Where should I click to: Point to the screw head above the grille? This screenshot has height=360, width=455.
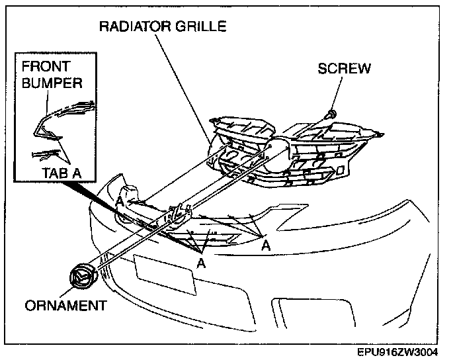pyautogui.click(x=331, y=114)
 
